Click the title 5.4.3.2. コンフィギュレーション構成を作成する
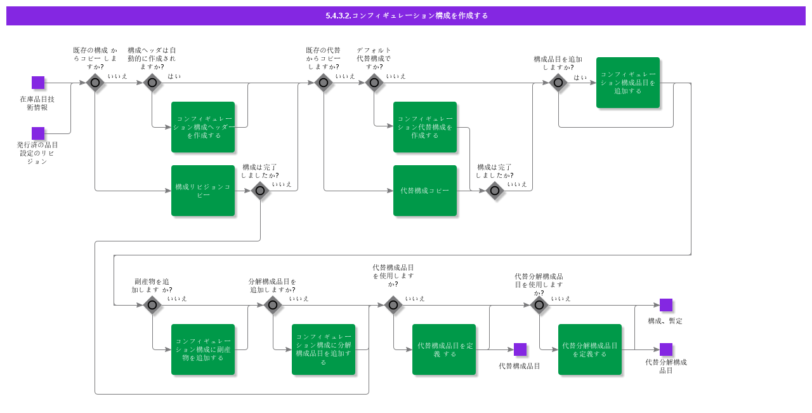(x=406, y=16)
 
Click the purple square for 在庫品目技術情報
(x=38, y=83)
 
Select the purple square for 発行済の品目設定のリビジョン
(x=38, y=133)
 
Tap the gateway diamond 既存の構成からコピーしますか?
(x=95, y=83)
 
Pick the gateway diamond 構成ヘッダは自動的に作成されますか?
(x=152, y=83)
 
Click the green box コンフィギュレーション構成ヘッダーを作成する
(x=203, y=127)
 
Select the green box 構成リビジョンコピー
(x=203, y=191)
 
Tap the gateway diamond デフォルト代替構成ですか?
(x=374, y=83)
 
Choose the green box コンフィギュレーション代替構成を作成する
(x=425, y=127)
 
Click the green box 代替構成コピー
(x=425, y=191)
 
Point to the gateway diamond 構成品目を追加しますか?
(x=558, y=83)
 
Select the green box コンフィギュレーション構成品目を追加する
(x=628, y=83)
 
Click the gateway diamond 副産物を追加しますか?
(x=152, y=305)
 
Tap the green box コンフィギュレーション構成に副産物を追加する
(x=203, y=349)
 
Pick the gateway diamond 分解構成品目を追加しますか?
(x=273, y=305)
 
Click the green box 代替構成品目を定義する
(x=444, y=349)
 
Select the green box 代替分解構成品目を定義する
(x=590, y=349)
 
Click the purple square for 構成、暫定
(x=666, y=305)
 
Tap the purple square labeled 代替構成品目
(x=520, y=349)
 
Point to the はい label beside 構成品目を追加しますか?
(x=580, y=78)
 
